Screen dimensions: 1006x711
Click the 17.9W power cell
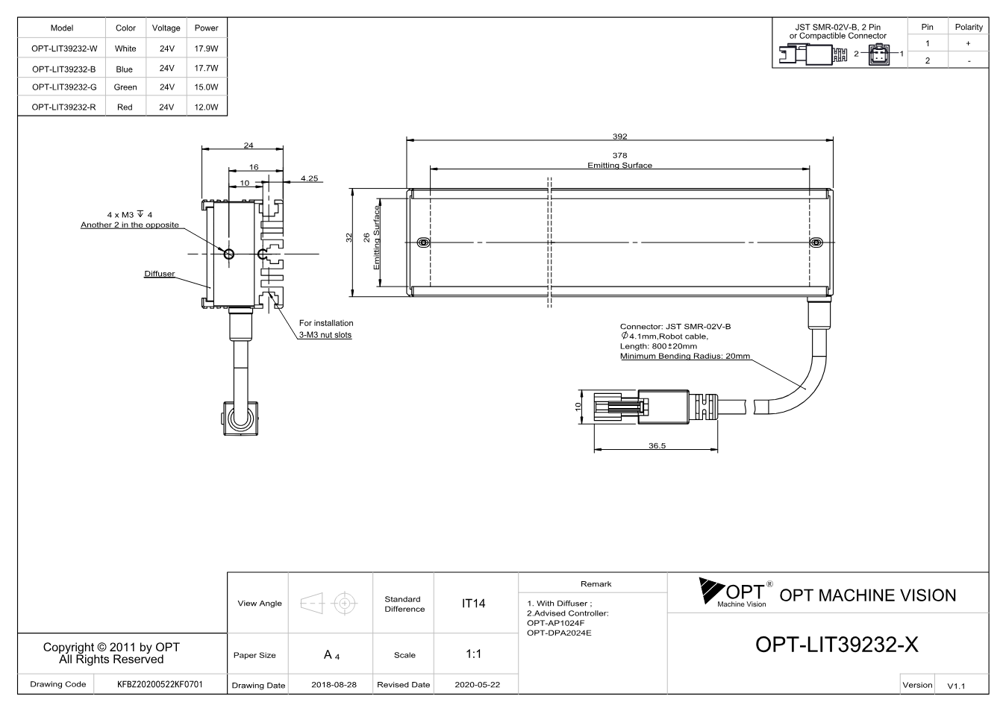[x=206, y=48]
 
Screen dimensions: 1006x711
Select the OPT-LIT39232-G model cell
[x=64, y=87]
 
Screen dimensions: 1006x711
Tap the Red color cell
[x=125, y=107]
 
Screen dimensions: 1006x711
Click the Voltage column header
[x=166, y=28]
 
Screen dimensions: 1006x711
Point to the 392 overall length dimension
[x=619, y=136]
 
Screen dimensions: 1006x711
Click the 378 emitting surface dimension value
[x=619, y=155]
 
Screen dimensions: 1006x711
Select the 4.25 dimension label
[x=310, y=178]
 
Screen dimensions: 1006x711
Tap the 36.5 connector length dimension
[x=657, y=445]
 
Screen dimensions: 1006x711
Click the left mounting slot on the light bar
[x=423, y=242]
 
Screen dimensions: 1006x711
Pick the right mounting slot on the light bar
[x=816, y=242]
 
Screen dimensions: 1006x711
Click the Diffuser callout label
[x=160, y=273]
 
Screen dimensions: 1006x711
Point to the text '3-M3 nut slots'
[x=325, y=335]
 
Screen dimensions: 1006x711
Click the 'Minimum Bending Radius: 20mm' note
[x=685, y=356]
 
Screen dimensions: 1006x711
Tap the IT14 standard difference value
[x=473, y=604]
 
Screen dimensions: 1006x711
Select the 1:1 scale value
[x=473, y=654]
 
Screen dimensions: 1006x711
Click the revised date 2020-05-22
[x=477, y=685]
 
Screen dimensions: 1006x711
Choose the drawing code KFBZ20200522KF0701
[x=160, y=684]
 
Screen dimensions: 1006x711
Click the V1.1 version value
[x=956, y=686]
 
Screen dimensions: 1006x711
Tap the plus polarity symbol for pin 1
[x=968, y=43]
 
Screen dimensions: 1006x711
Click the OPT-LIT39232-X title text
[x=837, y=645]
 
